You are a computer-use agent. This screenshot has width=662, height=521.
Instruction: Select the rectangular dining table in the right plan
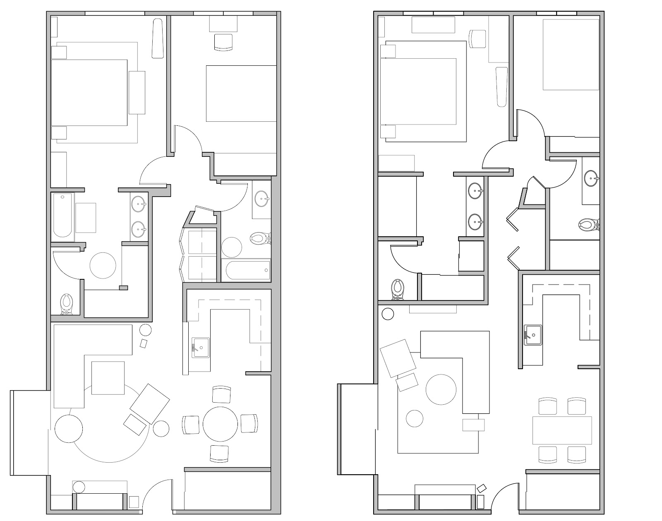pos(562,430)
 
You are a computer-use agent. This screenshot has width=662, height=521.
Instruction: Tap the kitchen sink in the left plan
pos(201,347)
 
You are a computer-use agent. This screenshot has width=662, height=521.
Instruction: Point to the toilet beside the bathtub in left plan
pos(259,239)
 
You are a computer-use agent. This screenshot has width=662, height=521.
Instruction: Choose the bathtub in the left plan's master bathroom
pos(62,216)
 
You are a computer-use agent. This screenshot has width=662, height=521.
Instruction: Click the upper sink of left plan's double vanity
pos(139,203)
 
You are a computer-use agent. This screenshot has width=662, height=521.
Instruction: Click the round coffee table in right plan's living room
pos(441,389)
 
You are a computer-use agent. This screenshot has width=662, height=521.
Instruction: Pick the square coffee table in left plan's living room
pos(108,377)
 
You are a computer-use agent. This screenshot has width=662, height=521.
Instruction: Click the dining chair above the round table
pos(221,394)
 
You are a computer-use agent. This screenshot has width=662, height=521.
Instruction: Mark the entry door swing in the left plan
pos(158,495)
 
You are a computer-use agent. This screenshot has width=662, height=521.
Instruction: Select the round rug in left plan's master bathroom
pos(103,265)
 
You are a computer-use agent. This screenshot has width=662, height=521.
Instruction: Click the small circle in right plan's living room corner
pos(388,315)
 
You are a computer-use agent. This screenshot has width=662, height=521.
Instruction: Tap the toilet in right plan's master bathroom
pos(398,289)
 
